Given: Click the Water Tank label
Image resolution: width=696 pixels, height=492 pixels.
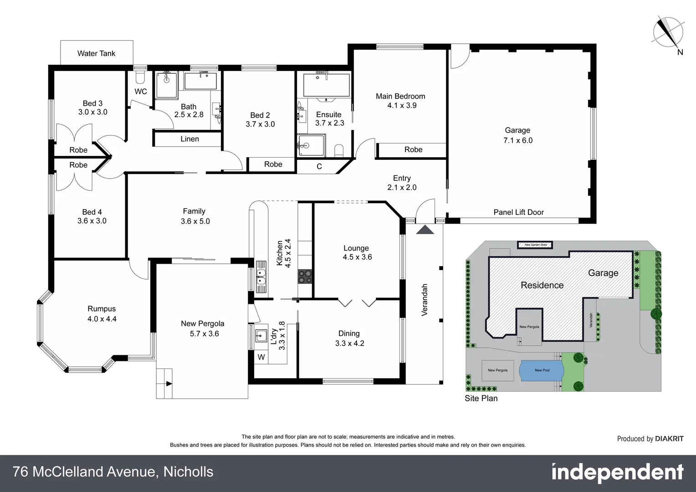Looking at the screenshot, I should click(96, 53).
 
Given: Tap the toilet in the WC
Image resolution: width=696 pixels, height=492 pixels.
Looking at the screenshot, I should click(140, 75).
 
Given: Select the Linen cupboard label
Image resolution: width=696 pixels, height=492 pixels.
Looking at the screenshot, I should click(189, 139).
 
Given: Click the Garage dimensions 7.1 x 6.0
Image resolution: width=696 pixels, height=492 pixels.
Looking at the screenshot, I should click(517, 140).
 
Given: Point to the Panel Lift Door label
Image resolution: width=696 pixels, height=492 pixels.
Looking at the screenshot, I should click(518, 212).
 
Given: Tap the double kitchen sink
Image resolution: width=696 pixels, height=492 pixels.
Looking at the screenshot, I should click(261, 277).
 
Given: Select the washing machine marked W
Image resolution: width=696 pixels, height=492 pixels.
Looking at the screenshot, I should click(261, 357).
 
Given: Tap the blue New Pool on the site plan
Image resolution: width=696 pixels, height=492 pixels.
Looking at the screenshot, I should click(542, 370).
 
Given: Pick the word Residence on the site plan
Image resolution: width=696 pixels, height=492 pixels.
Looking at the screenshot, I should click(542, 285).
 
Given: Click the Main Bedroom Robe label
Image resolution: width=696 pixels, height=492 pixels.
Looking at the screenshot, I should click(413, 149).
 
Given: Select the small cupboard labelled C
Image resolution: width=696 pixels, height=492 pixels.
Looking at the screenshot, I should click(319, 166).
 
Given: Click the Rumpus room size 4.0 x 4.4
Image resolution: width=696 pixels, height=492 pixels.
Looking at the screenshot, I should click(102, 319).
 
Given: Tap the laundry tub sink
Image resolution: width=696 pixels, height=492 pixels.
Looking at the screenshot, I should click(261, 336).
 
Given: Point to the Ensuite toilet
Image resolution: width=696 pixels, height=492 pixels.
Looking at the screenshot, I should click(339, 150).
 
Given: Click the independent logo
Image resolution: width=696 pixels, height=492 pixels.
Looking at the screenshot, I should click(617, 472).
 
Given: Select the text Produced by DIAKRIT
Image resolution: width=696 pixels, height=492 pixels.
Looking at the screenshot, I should click(650, 439).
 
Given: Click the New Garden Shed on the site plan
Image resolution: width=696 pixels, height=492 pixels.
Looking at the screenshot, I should click(535, 245).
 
